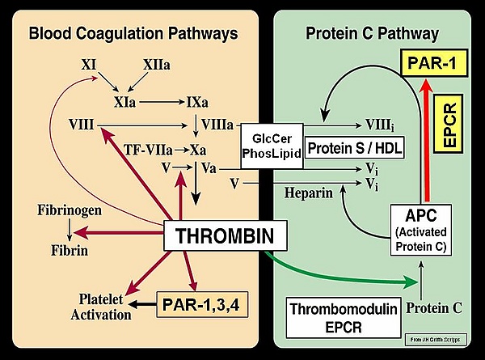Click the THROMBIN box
tap(215, 237)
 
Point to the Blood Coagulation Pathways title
tap(133, 33)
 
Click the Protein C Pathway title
tap(373, 33)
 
